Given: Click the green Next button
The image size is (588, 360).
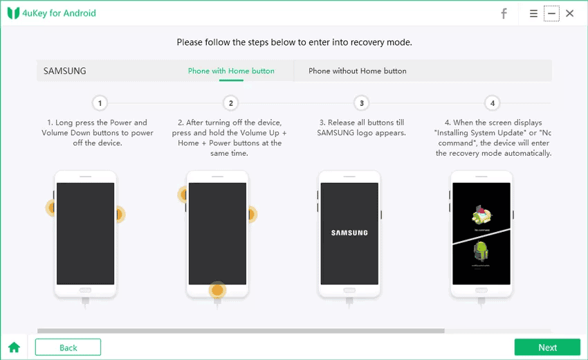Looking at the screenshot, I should [547, 348].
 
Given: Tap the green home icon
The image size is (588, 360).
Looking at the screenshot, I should [14, 348].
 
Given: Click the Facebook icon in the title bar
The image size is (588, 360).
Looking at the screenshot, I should [504, 13].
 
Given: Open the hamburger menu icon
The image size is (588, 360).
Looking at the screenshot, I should [533, 13].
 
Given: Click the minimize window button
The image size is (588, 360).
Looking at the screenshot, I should [551, 13].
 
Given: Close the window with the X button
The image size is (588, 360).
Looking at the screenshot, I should [569, 13].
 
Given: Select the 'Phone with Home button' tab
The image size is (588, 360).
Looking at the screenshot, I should [231, 71].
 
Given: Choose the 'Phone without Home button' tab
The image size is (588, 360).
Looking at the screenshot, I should [357, 71].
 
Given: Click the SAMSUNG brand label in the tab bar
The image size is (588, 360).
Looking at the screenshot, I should [65, 71].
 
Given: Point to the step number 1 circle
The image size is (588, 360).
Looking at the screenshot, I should [100, 103].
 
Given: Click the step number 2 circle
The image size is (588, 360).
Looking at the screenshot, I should [231, 103].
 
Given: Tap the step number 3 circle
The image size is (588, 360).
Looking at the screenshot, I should [361, 103].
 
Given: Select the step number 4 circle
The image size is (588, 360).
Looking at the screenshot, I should [492, 103].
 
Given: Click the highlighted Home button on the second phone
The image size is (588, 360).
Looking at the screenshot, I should [218, 290].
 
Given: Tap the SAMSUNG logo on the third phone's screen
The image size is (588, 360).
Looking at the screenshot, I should [349, 233].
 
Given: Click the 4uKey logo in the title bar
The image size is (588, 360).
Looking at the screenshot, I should [13, 13].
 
